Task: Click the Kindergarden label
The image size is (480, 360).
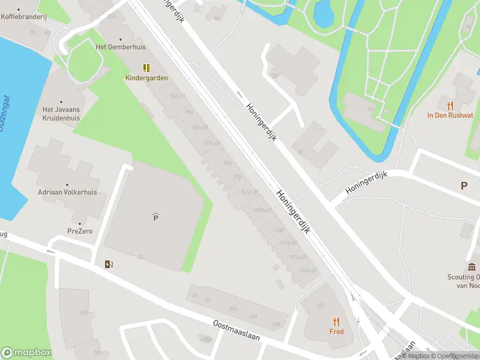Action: [146, 78]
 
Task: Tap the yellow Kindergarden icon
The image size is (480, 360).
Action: [146, 68]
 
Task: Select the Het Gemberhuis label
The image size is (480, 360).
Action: [121, 47]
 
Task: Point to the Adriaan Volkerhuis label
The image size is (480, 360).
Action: [67, 193]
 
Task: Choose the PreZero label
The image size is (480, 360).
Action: [80, 231]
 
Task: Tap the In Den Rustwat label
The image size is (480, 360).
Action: [450, 115]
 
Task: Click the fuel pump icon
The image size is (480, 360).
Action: [108, 263]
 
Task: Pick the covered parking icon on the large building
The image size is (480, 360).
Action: [155, 217]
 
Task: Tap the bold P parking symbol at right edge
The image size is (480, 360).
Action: [464, 186]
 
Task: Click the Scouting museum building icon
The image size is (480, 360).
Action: [472, 267]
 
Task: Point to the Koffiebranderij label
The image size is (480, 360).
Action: [24, 17]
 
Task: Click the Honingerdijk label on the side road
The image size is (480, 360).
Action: [367, 182]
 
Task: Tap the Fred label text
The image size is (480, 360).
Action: [336, 331]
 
